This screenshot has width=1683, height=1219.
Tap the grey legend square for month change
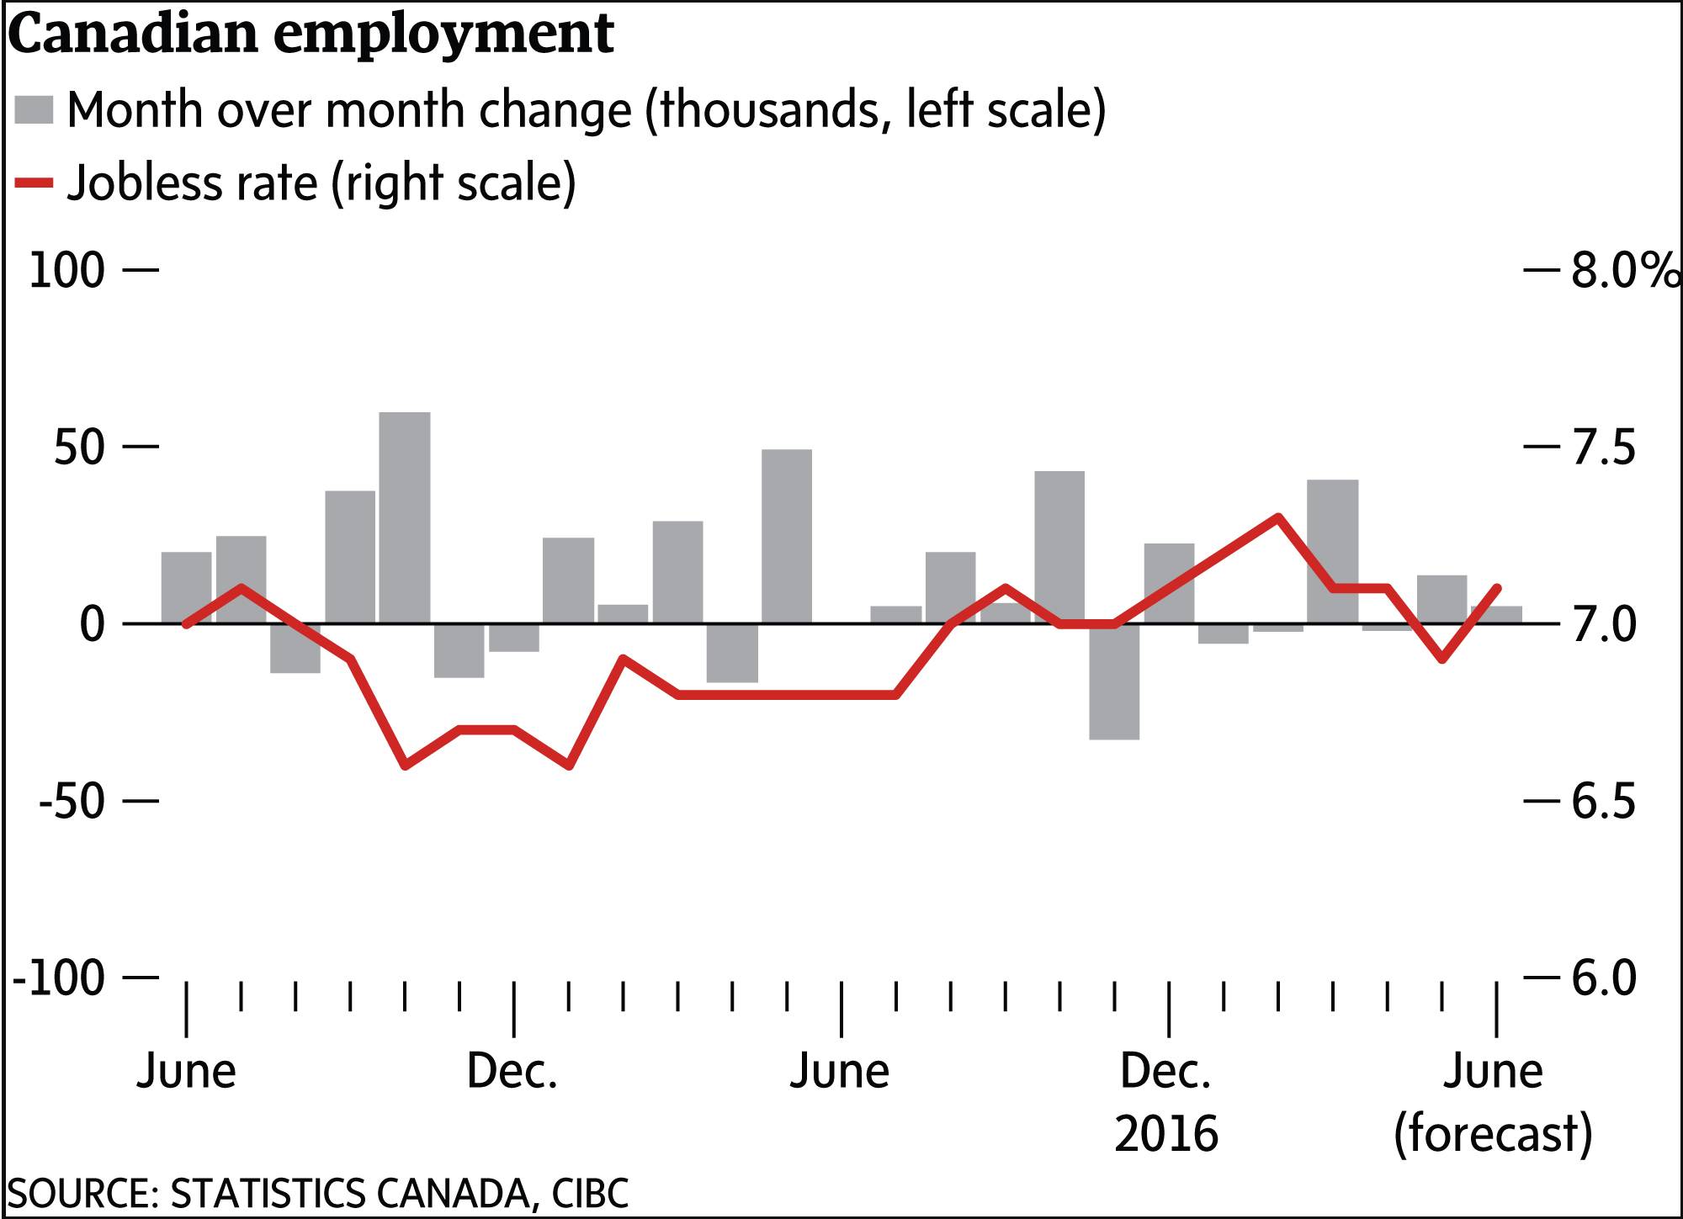coord(35,110)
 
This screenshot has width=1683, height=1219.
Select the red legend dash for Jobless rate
coord(35,182)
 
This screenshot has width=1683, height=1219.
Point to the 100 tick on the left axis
coord(67,271)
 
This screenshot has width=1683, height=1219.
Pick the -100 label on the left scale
coord(59,978)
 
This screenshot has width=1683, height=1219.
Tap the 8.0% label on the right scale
coord(1624,271)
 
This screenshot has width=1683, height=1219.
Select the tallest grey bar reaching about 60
coord(405,517)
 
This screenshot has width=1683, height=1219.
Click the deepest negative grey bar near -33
coord(1114,681)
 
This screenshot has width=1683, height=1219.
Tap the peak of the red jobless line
coord(1277,517)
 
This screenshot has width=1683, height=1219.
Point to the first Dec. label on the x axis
coord(512,1072)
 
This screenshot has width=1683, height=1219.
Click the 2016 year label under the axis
coord(1166,1132)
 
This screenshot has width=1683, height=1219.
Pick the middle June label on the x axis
coord(839,1072)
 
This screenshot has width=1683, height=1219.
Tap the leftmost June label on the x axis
coord(186,1072)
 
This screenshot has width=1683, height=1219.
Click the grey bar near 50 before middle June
coord(787,536)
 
